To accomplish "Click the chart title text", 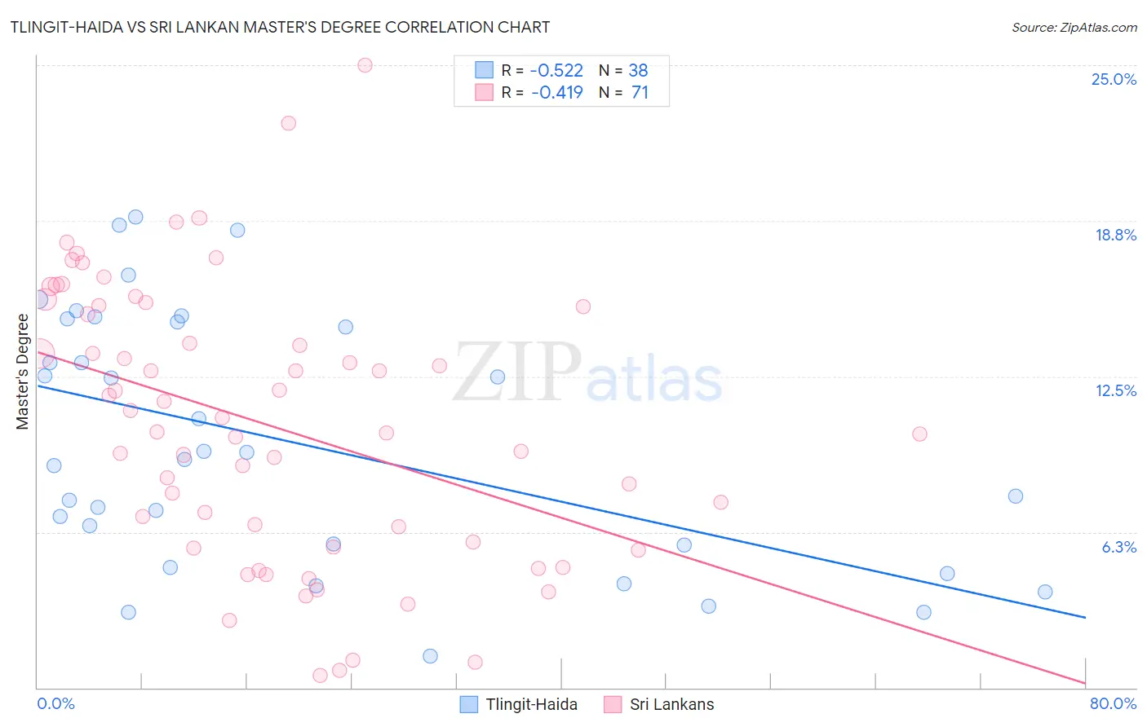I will [281, 27].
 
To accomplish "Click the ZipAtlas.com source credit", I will [1074, 27].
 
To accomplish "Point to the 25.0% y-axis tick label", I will [1114, 79].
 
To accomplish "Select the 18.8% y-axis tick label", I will [1115, 235].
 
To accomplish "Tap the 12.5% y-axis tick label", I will [1115, 390].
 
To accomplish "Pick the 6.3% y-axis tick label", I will [1118, 547].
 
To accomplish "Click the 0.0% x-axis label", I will [55, 703].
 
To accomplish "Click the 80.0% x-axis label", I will [1113, 703].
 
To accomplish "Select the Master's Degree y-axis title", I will [23, 372].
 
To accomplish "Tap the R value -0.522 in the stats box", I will [556, 71].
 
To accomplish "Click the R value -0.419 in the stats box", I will [556, 93].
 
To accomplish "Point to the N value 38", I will [638, 71].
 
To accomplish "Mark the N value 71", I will [640, 93].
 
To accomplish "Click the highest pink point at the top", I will [365, 65].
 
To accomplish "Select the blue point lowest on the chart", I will [430, 656].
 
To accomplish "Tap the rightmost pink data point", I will [919, 434].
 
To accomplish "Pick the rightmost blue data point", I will [1045, 592].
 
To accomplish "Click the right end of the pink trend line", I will [1085, 683].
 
